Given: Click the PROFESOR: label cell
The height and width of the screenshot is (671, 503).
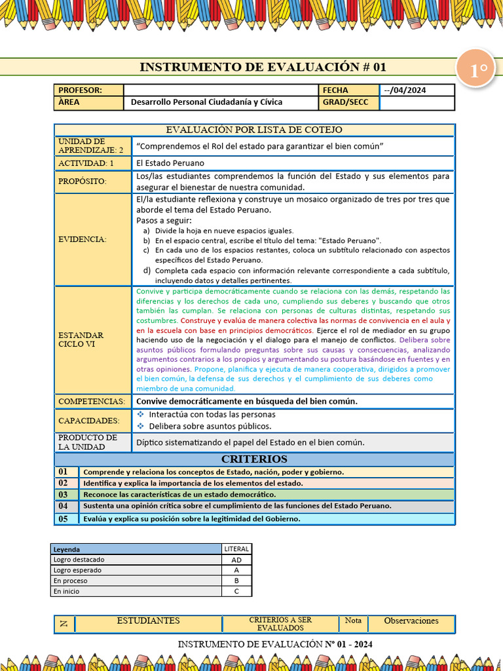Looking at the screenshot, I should pos(88,90).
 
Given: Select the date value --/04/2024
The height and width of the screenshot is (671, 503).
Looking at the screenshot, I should pos(404,90).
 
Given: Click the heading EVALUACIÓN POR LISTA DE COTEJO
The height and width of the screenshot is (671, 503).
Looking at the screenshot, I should pos(253,130).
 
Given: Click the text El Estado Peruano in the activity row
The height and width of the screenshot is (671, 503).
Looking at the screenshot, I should pos(170,163).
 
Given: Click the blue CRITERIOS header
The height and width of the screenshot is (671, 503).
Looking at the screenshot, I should pos(253,459).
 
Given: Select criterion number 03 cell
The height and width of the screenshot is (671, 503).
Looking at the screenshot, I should pos(64,495).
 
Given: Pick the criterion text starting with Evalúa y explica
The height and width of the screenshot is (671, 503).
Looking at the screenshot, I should pos(192,519).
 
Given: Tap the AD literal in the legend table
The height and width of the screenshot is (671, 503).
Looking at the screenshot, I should pos(236,560).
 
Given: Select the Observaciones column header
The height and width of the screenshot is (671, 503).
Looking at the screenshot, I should pos(411,621).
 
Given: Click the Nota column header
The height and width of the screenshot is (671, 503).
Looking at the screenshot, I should pos(353,621).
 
